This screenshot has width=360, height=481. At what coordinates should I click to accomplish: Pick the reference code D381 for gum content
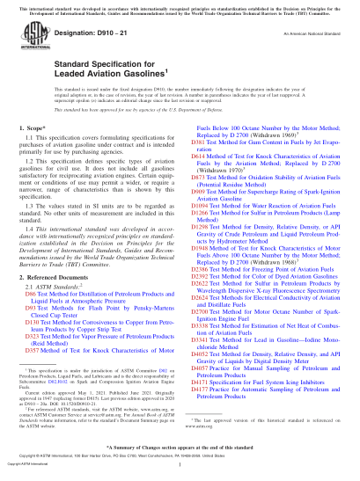pyautogui.click(x=199, y=165)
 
